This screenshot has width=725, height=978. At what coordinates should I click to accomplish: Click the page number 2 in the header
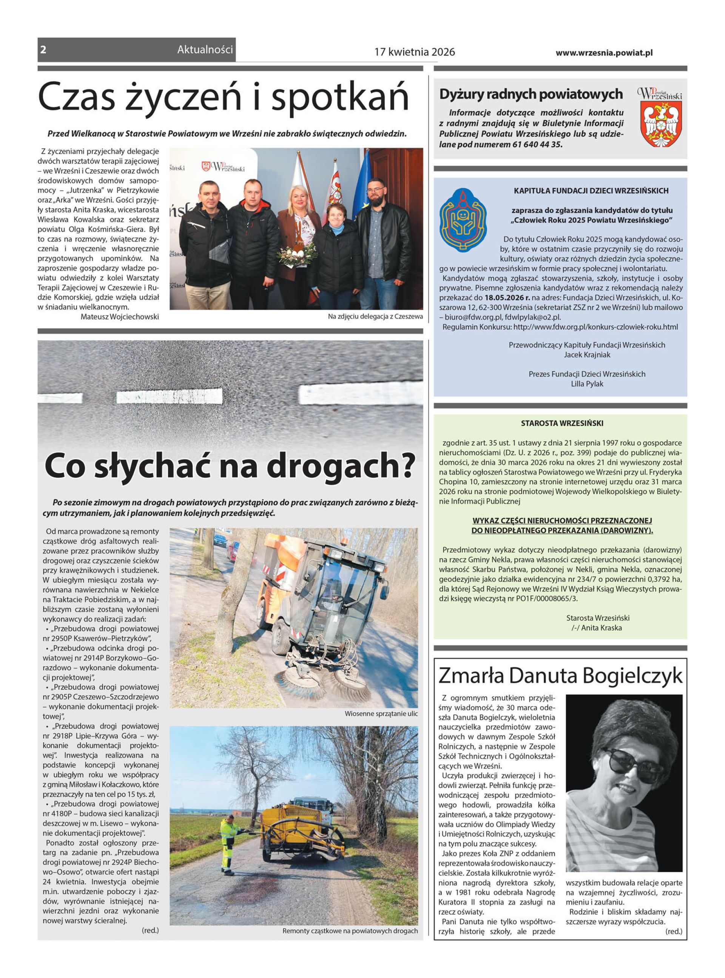pos(43,50)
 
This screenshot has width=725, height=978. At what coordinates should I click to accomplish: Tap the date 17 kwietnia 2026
pos(414,52)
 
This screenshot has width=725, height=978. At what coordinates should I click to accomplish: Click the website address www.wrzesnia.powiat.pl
pos(604,52)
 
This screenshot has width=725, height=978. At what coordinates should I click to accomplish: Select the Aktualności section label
pos(205,50)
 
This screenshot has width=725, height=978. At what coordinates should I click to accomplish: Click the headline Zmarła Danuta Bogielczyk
pos(560,676)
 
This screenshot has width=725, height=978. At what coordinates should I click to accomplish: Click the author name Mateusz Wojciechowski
pos(119,316)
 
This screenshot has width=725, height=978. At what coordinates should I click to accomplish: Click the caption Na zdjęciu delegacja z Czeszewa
pos(375,316)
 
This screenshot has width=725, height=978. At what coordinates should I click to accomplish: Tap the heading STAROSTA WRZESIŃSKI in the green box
pos(562,423)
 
